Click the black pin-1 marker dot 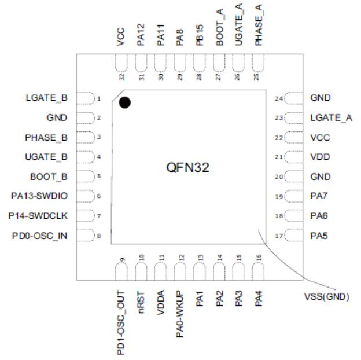(124, 103)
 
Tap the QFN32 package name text (186, 168)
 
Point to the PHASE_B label (47, 137)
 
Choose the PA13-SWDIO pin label (40, 196)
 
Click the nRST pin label (141, 302)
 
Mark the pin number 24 (278, 99)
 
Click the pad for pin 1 (85, 98)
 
